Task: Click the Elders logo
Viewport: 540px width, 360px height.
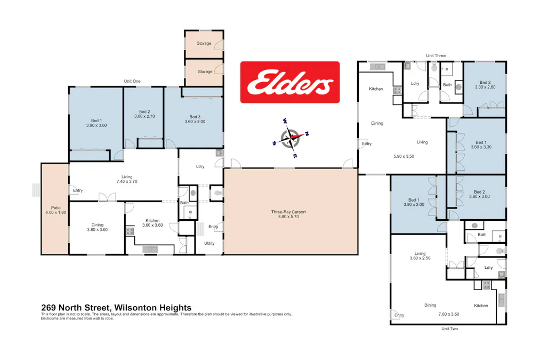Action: (x=289, y=82)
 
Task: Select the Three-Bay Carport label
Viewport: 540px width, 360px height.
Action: (x=288, y=214)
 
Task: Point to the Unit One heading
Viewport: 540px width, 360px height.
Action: (x=132, y=81)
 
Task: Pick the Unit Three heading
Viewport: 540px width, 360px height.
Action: (x=436, y=55)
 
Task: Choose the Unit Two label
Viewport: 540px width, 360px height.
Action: (x=449, y=329)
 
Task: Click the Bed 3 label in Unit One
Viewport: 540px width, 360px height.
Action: (x=195, y=119)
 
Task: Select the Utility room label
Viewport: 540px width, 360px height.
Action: (x=209, y=243)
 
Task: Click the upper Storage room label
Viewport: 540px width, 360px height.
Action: (x=205, y=43)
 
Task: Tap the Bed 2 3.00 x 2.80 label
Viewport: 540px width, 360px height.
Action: (x=485, y=84)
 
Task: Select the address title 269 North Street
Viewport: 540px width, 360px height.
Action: (x=116, y=308)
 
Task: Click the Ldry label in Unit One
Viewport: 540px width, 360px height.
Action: (x=200, y=166)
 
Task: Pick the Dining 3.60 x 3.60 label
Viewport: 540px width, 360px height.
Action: (x=97, y=227)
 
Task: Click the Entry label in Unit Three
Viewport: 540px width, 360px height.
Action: (x=367, y=143)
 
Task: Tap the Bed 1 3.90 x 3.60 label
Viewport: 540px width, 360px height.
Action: (x=96, y=123)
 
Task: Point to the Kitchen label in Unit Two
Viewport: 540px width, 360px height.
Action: (x=481, y=306)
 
